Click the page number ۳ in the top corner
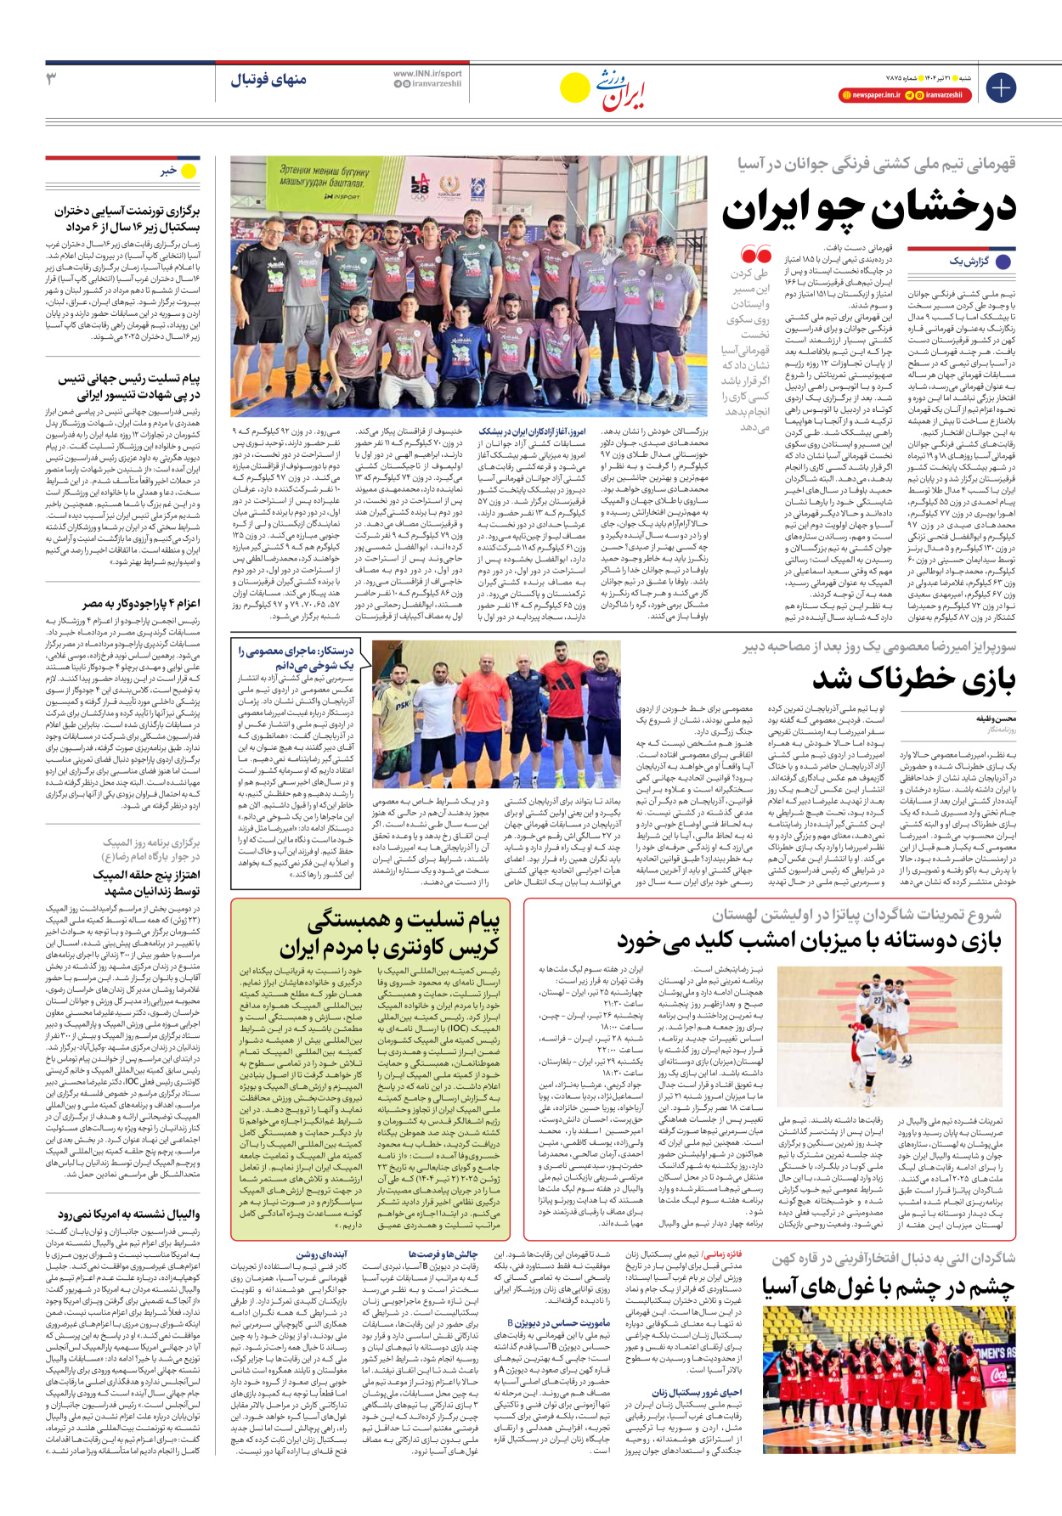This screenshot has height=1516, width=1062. click(51, 79)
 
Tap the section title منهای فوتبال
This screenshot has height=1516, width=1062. click(268, 80)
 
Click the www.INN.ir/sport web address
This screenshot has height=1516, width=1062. click(427, 73)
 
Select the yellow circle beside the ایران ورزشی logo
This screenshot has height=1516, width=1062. click(575, 87)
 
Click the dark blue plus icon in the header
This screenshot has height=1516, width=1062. click(1000, 87)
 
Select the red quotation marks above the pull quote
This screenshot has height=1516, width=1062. click(755, 255)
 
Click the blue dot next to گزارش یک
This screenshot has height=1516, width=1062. click(1003, 262)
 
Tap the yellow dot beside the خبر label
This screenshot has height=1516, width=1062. click(189, 172)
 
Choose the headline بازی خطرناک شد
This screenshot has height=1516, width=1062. click(913, 679)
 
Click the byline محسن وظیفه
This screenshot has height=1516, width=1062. click(996, 719)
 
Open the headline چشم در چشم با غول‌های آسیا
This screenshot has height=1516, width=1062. click(888, 1288)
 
